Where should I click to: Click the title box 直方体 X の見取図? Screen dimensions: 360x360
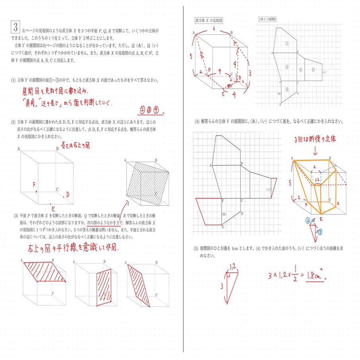click(209, 20)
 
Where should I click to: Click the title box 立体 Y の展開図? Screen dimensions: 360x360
click(267, 19)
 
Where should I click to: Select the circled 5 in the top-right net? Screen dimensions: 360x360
click(313, 70)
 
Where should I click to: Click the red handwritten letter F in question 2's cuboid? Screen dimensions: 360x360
click(34, 185)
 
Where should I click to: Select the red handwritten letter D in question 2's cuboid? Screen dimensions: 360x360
click(68, 194)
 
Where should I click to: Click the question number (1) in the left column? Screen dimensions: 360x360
click(13, 80)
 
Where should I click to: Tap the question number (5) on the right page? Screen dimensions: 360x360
click(196, 249)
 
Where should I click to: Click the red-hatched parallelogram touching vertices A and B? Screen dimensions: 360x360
click(45, 272)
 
